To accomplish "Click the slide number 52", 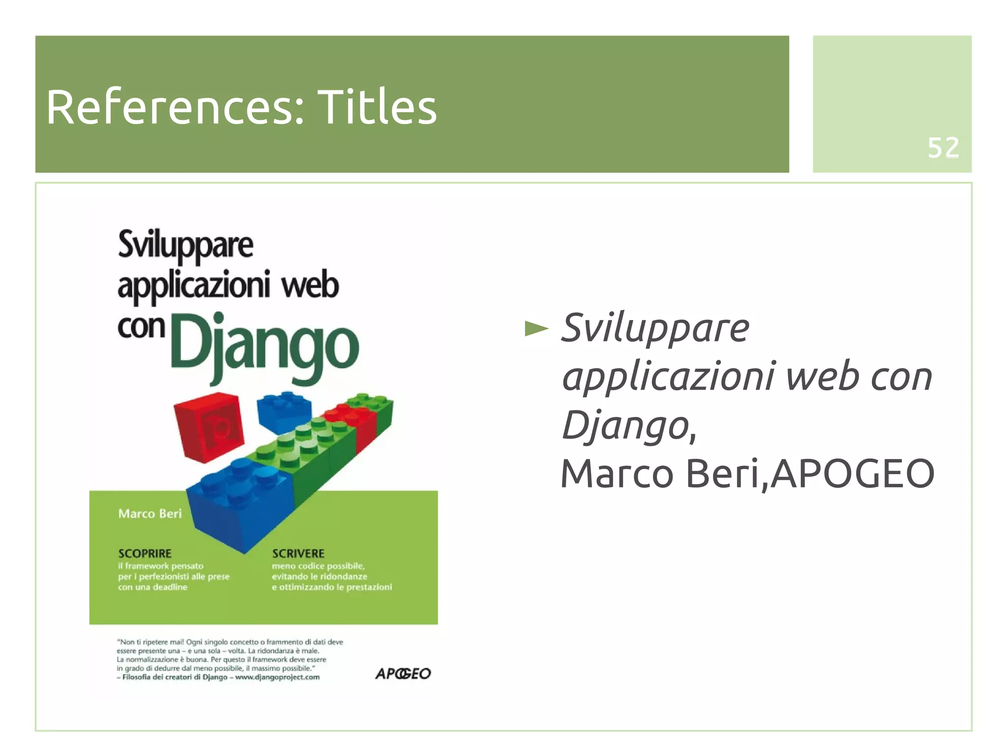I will (x=943, y=148).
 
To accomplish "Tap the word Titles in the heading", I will (x=377, y=107).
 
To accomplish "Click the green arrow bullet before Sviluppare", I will (x=536, y=328).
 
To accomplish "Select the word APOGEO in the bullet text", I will (x=852, y=473).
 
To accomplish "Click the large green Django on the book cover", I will (x=265, y=347).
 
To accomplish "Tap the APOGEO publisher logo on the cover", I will (x=403, y=673).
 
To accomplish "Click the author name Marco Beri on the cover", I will (x=150, y=513).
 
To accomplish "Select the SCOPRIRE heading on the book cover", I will (x=145, y=553).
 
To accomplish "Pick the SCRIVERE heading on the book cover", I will (x=298, y=553).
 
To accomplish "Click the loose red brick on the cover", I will (x=209, y=426).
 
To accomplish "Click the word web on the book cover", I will (x=310, y=286).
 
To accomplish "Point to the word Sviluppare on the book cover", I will (x=185, y=245).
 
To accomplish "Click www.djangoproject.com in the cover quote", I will (x=277, y=677).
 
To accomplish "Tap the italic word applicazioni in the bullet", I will (x=669, y=377).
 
